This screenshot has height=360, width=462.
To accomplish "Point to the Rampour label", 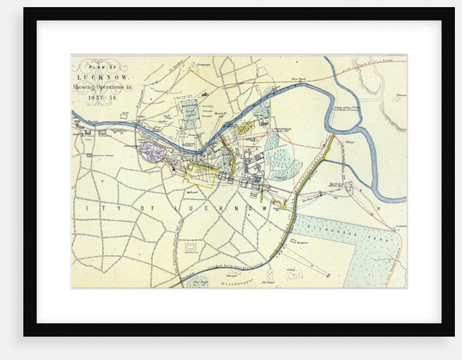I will point(302,242).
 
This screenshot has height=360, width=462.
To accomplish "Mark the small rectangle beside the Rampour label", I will point(294,240).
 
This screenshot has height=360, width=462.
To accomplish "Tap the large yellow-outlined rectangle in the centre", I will point(201,176).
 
